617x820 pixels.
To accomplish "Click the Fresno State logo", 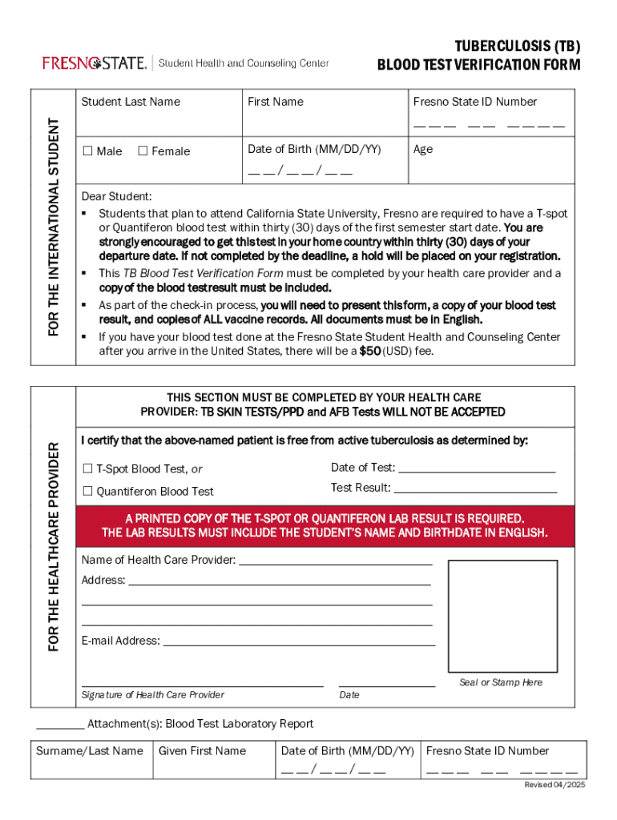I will [x=95, y=62].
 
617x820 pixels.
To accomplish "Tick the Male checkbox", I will [x=87, y=151].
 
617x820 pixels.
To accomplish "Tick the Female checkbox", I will [x=143, y=151].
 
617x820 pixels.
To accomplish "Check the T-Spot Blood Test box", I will [x=87, y=469].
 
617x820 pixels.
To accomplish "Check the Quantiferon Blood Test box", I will [x=87, y=492].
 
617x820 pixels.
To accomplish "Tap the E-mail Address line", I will [x=299, y=642].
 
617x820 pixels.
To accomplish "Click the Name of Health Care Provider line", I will [x=335, y=561].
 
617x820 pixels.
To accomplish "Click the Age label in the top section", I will [x=423, y=149].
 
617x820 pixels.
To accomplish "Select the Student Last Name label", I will [x=131, y=102].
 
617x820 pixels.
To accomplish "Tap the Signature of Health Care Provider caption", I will [x=153, y=695].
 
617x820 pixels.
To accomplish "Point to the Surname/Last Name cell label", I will [x=90, y=751].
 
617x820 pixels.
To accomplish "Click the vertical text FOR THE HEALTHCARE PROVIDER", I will [x=54, y=546].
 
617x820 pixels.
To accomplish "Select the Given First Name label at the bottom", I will [x=202, y=751].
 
